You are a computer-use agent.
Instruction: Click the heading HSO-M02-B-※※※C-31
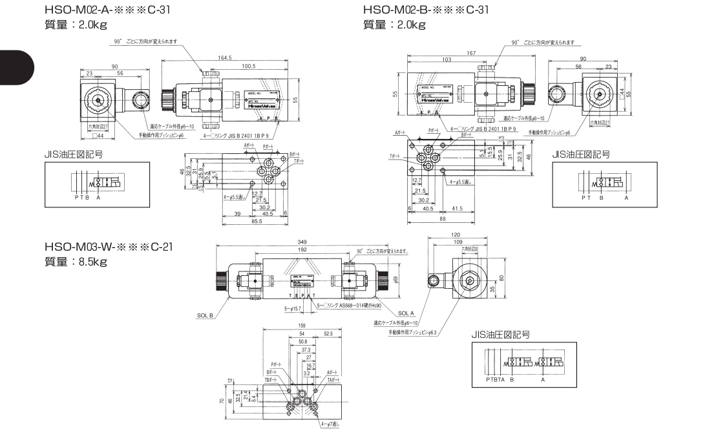426,10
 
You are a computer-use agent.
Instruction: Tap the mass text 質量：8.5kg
76,263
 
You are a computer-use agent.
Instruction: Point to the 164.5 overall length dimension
226,58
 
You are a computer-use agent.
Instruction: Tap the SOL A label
406,313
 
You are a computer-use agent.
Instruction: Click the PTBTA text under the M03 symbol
496,381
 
